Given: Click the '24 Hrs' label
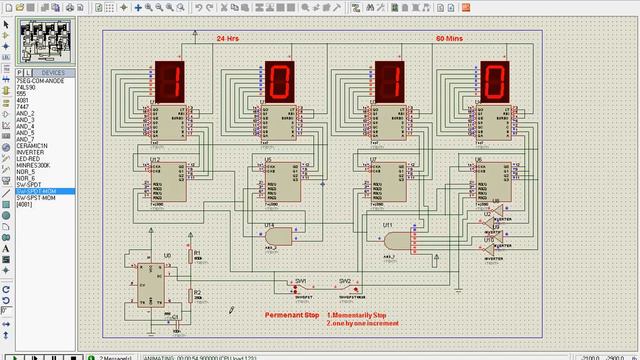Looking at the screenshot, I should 228,38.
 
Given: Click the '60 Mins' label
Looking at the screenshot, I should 448,38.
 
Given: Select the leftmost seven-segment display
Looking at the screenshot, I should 170,81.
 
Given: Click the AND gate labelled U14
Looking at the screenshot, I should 279,236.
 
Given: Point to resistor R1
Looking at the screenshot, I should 187,256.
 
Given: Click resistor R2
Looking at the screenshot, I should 187,295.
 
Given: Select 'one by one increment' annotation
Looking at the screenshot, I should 362,323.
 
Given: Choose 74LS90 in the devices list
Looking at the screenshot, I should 26,87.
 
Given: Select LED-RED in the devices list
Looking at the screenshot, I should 29,159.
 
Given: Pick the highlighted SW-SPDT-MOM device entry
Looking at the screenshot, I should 36,190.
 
